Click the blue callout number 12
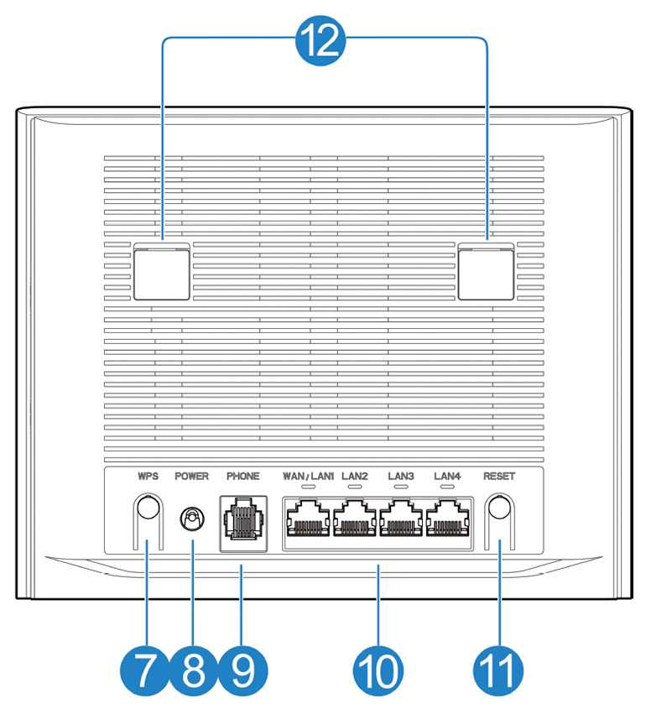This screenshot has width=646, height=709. (320, 42)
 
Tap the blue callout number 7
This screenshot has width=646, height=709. (144, 670)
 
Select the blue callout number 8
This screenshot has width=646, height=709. (194, 670)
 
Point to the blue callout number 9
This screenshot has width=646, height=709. (242, 670)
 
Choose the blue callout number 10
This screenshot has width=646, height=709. (378, 670)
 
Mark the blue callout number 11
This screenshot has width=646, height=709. (498, 670)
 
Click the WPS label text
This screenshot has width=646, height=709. (148, 476)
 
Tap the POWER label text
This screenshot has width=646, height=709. (191, 476)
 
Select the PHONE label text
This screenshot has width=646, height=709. (243, 476)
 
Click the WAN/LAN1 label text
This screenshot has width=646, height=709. (308, 476)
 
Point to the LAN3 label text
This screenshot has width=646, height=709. (401, 476)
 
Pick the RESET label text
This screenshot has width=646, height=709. (499, 476)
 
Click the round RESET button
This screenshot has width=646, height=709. (499, 508)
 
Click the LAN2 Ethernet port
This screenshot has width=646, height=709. (355, 519)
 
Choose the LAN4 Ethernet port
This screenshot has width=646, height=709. (447, 519)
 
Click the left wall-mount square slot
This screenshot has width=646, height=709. (161, 271)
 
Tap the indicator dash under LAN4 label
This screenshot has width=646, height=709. (447, 487)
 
